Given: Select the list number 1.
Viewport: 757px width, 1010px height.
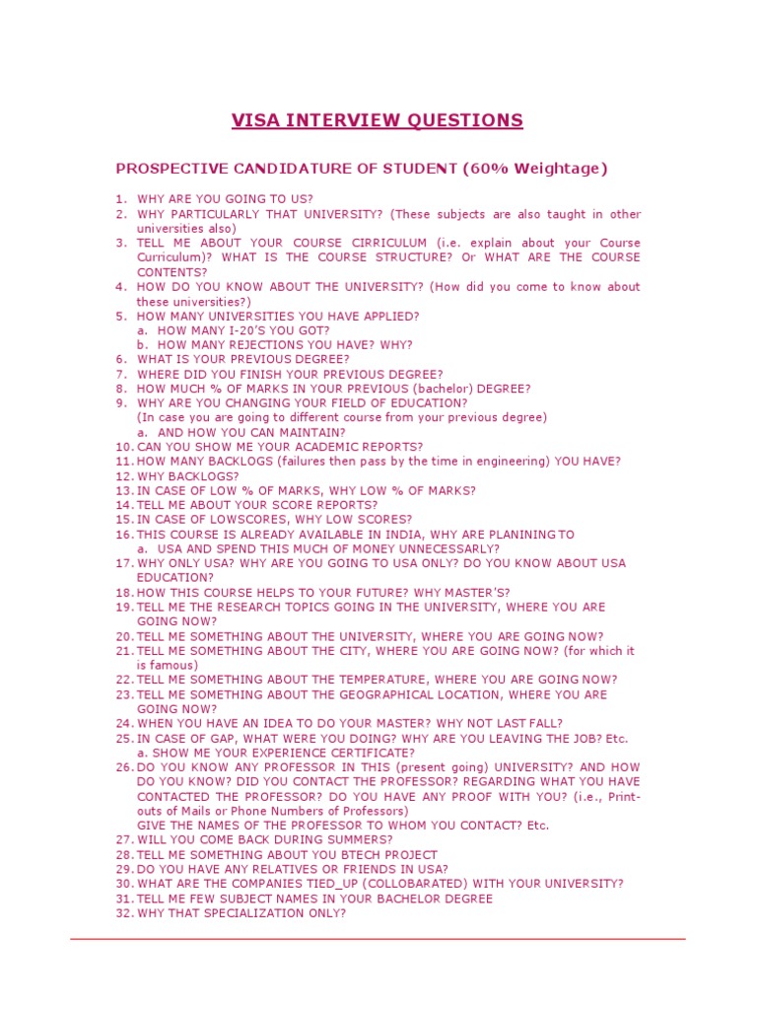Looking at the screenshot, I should (x=121, y=199).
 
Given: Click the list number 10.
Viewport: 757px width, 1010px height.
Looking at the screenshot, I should (x=123, y=447).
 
